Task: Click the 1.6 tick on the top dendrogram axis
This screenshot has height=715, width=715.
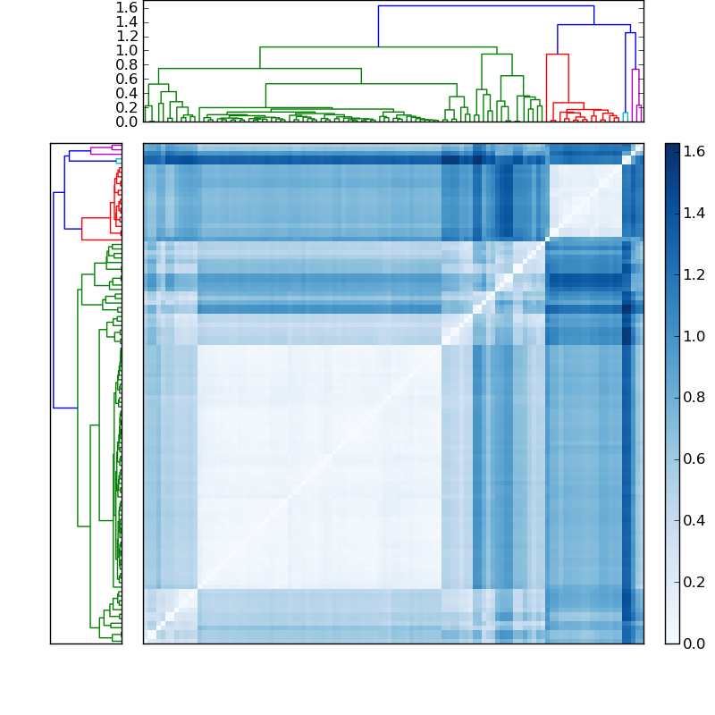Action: (126, 7)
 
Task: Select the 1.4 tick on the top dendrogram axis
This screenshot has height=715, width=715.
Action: (126, 21)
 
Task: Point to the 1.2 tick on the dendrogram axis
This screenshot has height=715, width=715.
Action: (126, 36)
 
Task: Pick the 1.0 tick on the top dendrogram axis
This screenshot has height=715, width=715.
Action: (126, 50)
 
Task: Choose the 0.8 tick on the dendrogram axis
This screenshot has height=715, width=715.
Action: (126, 64)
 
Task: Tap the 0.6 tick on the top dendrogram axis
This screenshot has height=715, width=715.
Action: (126, 79)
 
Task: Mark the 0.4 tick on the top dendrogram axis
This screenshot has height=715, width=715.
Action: (126, 93)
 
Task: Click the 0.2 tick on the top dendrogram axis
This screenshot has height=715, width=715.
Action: (126, 107)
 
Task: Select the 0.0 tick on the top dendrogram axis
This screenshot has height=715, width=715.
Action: (126, 122)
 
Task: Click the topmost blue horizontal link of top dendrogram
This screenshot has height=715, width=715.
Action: (485, 6)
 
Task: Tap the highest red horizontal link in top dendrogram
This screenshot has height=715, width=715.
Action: (557, 55)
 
